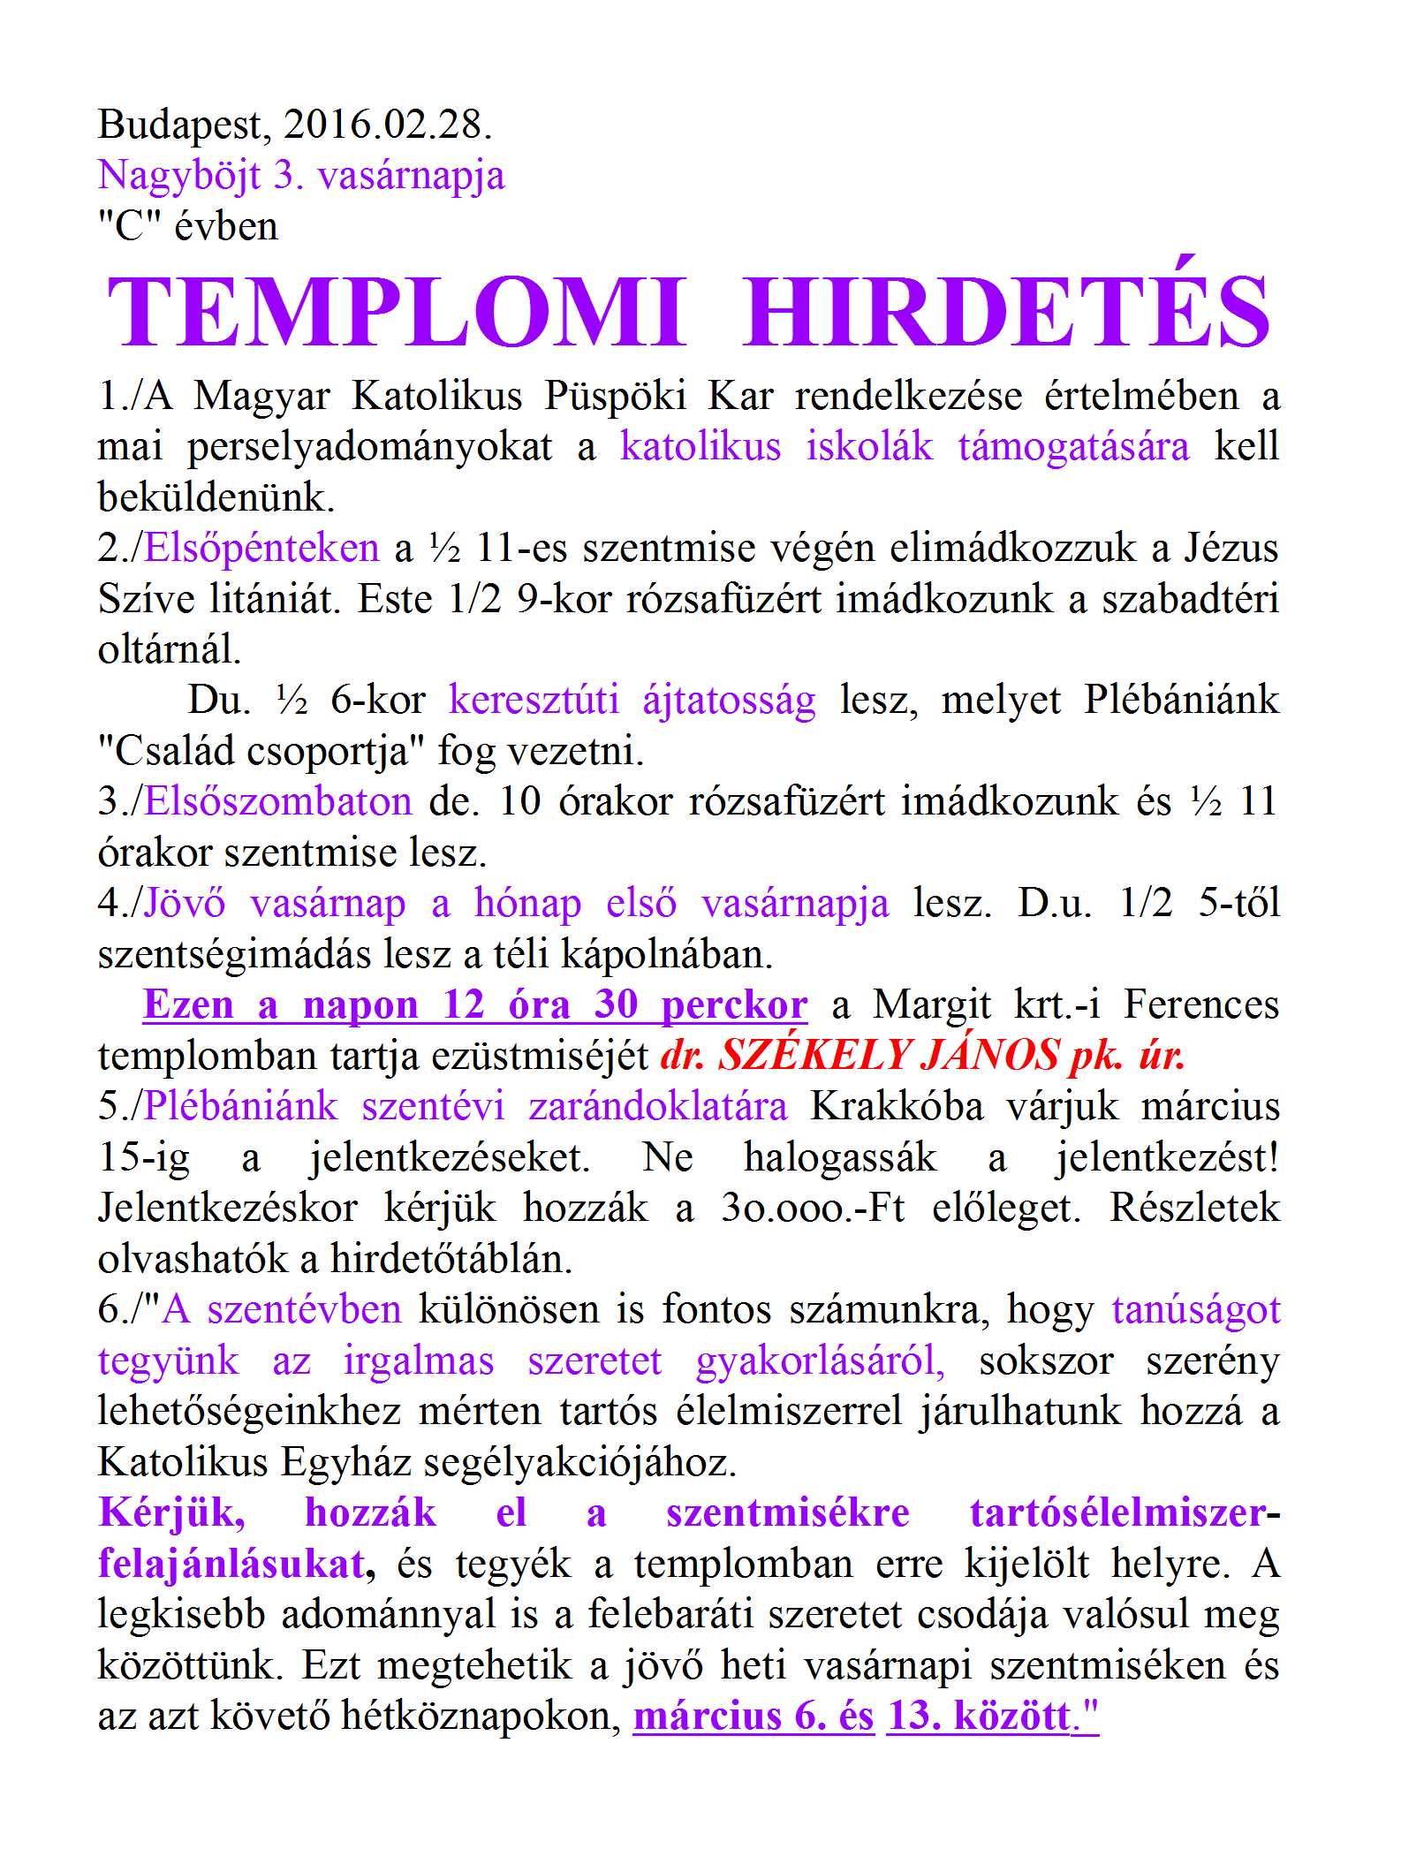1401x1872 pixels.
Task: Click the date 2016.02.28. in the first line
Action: [387, 124]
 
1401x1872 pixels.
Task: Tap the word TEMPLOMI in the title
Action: [397, 312]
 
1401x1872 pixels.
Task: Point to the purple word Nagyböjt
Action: [178, 176]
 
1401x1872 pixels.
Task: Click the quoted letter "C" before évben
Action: [129, 226]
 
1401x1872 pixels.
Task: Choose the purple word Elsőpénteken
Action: [261, 548]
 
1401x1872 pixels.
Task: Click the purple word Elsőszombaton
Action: [277, 801]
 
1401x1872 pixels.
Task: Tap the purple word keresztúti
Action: [534, 700]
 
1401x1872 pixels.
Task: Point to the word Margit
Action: [932, 1005]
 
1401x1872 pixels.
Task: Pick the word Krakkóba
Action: [897, 1106]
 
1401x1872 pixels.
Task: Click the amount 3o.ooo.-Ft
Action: [813, 1208]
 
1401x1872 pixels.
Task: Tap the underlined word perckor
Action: [734, 1005]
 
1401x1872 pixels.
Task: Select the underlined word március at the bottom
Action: [708, 1716]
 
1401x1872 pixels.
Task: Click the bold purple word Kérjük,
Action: [172, 1513]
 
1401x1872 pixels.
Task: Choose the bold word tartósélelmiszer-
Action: [1125, 1512]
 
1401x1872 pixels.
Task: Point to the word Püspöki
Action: [615, 396]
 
